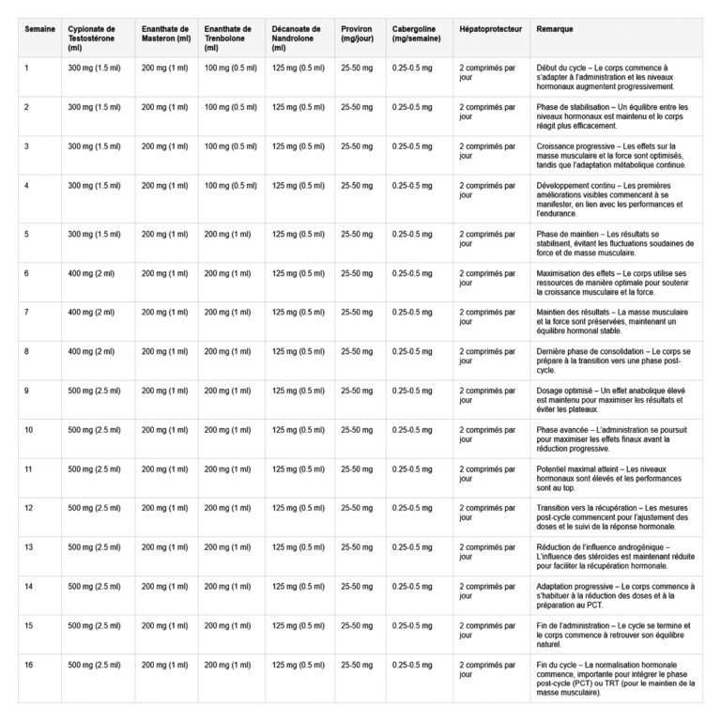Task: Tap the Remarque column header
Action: click(x=554, y=29)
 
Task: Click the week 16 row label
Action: click(x=28, y=665)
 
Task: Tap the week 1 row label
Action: click(x=26, y=68)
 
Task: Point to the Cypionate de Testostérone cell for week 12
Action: click(x=94, y=508)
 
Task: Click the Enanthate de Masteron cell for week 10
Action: click(x=166, y=430)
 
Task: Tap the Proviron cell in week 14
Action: click(x=356, y=586)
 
